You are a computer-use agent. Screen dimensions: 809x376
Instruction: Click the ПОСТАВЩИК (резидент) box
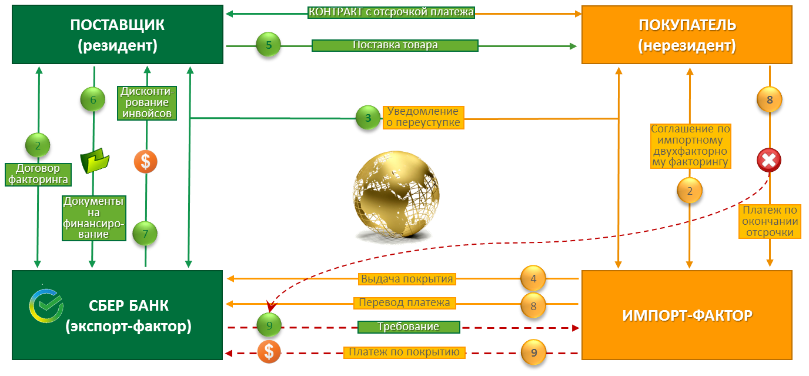118,34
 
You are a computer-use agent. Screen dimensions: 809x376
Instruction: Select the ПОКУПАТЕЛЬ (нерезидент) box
687,35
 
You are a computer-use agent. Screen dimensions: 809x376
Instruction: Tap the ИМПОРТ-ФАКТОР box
687,315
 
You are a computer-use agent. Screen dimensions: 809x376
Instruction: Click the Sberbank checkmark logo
46,306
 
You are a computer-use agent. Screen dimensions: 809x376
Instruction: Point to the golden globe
396,195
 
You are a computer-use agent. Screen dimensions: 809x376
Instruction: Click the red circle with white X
769,160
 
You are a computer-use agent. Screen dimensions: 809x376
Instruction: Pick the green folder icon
95,161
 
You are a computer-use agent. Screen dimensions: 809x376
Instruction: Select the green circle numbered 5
268,45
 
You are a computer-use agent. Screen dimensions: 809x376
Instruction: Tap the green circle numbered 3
368,118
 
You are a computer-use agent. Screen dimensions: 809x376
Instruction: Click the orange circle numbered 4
533,278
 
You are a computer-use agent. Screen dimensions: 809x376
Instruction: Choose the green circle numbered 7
145,234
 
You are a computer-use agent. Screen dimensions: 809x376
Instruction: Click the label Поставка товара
395,45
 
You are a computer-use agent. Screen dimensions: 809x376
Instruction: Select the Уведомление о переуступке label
423,117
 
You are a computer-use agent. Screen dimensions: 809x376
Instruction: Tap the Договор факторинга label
38,174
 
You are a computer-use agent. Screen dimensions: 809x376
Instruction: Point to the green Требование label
409,327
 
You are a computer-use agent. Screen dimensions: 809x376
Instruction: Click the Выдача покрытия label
407,279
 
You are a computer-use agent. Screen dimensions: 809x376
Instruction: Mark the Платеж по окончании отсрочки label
770,221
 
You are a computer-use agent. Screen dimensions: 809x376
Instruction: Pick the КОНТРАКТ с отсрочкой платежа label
391,12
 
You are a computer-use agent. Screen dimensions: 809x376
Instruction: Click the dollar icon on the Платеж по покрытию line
269,352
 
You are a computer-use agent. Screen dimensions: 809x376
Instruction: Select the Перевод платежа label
404,303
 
